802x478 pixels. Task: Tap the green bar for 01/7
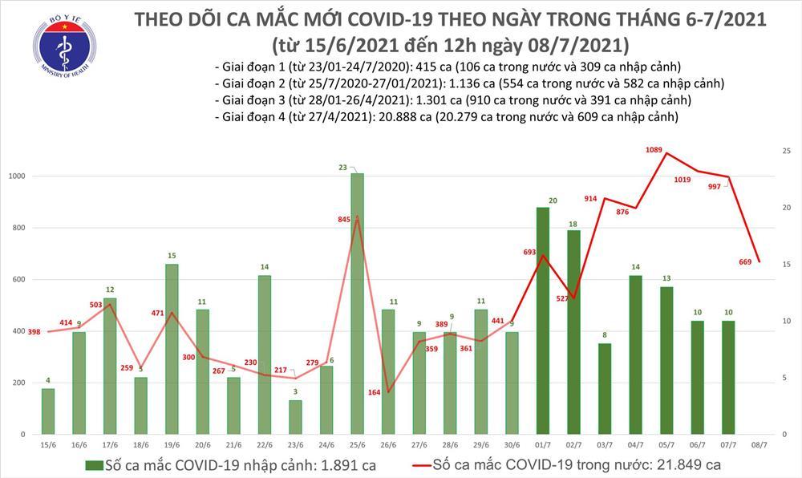click(544, 321)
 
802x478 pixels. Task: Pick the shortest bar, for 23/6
click(295, 417)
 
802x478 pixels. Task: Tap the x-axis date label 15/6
click(48, 444)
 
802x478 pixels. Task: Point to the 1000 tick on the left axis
click(16, 176)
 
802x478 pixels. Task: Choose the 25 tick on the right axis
click(788, 151)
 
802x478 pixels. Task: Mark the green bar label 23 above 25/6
click(342, 167)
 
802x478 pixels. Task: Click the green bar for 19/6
click(171, 349)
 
